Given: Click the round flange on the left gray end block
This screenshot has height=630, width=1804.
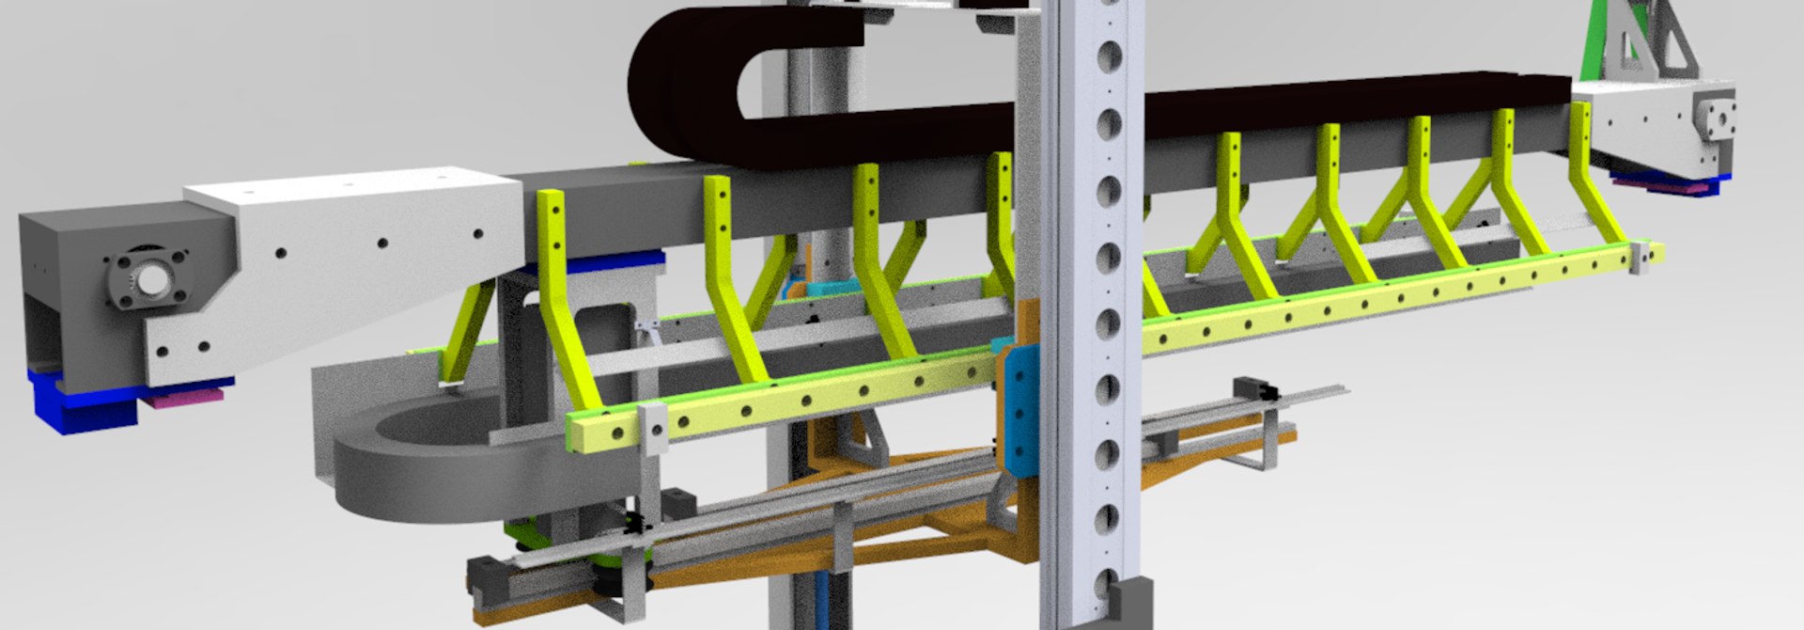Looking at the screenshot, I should tap(148, 279).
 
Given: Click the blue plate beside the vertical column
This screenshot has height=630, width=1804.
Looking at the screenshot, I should tap(1019, 405).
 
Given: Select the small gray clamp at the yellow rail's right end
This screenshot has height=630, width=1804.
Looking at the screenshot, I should tap(1642, 256).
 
